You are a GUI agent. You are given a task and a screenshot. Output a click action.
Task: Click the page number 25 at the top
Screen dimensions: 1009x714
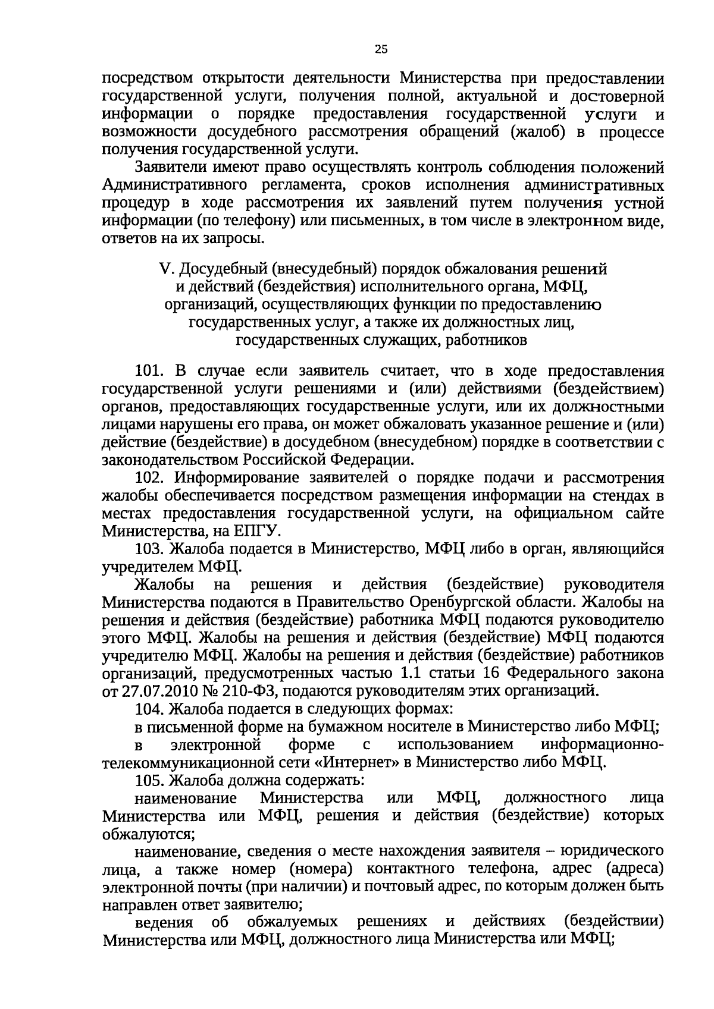tap(381, 50)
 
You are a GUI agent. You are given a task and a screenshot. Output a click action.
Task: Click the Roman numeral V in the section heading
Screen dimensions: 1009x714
tap(165, 269)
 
